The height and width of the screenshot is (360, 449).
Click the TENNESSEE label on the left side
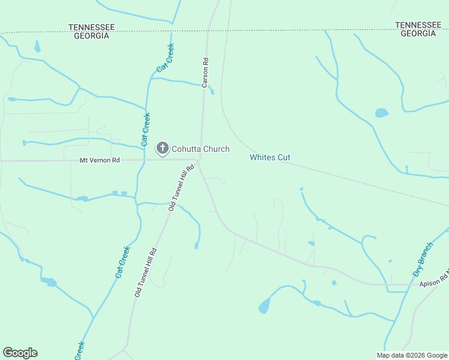click(x=91, y=28)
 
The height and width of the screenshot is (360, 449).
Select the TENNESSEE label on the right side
click(x=418, y=25)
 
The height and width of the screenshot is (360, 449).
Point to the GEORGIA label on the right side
click(x=418, y=34)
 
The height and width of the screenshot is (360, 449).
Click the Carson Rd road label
click(x=205, y=73)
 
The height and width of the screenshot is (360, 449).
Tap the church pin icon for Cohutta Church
click(x=162, y=148)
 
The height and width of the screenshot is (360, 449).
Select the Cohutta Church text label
click(x=200, y=149)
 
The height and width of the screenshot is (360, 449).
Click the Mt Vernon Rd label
click(x=100, y=161)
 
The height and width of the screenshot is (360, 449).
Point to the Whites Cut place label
click(x=270, y=157)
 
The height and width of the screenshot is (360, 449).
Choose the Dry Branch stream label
click(x=423, y=259)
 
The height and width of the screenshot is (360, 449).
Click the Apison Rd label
click(x=433, y=277)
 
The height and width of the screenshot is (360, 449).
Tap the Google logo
click(x=20, y=353)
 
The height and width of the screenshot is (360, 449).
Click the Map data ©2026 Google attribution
click(x=411, y=355)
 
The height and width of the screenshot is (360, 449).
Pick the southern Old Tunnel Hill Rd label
click(x=146, y=273)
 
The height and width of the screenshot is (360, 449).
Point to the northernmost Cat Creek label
click(x=165, y=58)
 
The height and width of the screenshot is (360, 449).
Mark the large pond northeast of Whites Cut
click(x=382, y=113)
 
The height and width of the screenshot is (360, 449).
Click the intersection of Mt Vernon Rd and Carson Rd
click(x=200, y=160)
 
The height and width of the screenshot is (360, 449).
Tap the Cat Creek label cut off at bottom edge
click(x=79, y=351)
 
